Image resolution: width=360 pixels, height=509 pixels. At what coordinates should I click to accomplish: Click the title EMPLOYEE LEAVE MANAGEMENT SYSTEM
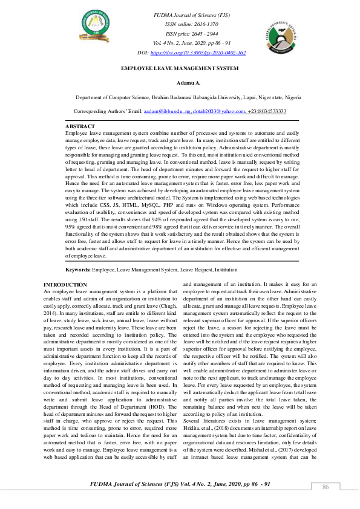180,69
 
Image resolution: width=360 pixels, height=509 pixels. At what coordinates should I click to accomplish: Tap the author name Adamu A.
180,83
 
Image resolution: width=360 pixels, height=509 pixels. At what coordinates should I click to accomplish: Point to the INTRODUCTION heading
65,284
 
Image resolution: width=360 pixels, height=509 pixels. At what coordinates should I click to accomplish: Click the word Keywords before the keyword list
78,269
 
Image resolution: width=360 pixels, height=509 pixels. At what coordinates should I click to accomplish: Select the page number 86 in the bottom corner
325,487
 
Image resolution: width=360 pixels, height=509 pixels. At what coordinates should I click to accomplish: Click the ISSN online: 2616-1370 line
191,24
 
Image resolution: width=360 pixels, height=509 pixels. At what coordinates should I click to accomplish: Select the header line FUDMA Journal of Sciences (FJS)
191,15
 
